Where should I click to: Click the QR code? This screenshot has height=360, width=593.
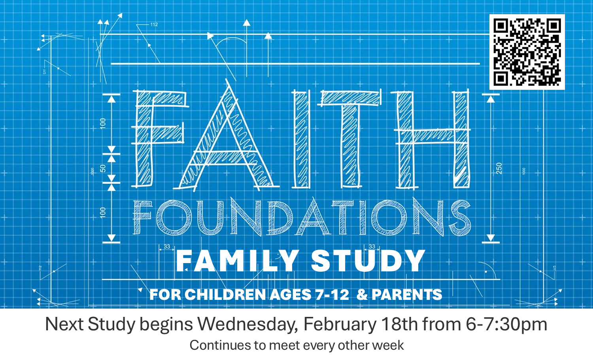click(527, 52)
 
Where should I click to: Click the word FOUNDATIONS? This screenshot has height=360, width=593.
click(302, 217)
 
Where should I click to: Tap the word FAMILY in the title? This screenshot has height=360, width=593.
click(237, 261)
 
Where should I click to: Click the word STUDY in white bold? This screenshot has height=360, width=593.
click(368, 261)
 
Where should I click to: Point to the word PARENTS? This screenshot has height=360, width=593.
click(407, 294)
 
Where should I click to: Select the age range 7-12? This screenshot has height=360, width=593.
click(332, 294)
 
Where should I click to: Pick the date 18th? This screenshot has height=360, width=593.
click(400, 324)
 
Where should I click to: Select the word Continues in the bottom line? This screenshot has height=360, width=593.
click(220, 345)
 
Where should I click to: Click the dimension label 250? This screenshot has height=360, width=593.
click(499, 169)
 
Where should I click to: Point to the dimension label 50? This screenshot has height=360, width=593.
click(103, 169)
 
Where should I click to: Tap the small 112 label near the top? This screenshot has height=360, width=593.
click(154, 25)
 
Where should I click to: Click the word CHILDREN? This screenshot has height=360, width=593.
click(225, 294)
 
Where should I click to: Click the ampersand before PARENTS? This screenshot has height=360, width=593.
click(362, 294)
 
